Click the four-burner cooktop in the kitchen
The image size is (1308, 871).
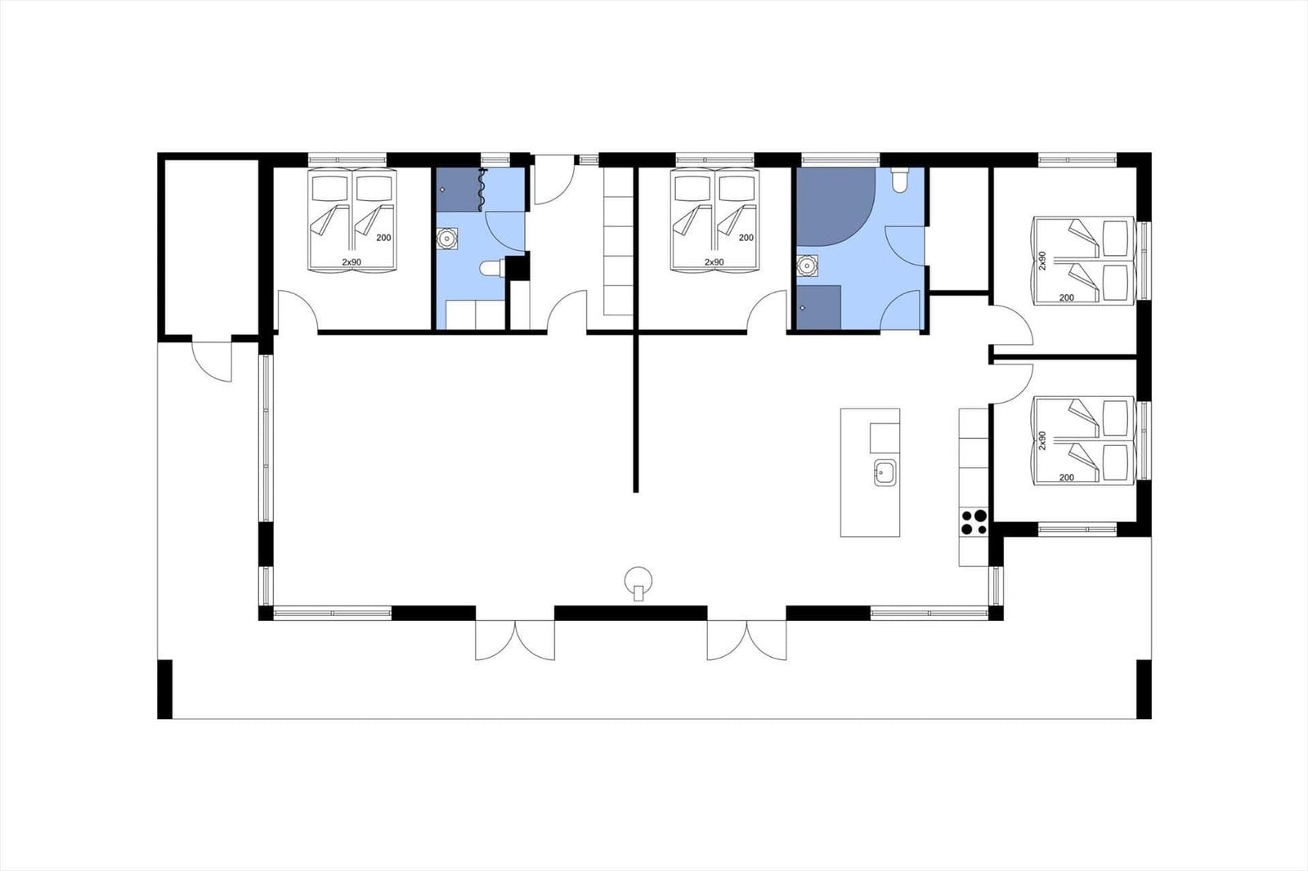974,522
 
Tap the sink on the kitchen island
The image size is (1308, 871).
885,472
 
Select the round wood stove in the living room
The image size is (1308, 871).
638,583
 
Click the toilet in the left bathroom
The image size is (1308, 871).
491,269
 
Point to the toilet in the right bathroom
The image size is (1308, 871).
899,181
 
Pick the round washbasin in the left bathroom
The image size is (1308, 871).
446,239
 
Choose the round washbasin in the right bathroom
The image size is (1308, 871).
807,266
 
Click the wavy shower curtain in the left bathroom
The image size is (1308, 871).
482,189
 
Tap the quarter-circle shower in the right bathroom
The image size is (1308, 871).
835,207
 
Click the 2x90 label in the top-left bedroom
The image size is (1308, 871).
352,262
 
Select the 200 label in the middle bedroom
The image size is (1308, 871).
746,238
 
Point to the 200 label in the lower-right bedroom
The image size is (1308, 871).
1066,477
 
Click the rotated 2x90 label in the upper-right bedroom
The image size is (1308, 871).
1042,261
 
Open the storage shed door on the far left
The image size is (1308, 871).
212,361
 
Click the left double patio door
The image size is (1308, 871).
515,641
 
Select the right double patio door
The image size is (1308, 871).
747,641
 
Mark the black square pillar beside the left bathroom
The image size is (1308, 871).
517,267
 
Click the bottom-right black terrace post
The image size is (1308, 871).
1144,690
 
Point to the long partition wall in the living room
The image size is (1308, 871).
636,413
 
